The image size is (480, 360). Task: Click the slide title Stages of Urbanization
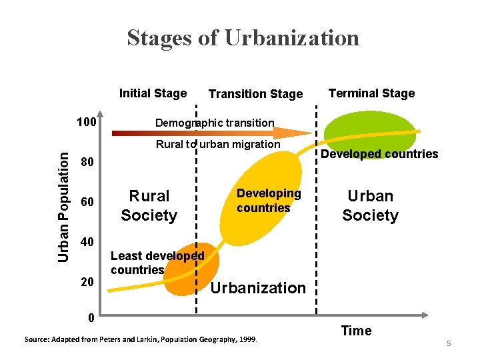(x=243, y=38)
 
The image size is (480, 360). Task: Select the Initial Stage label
(x=153, y=93)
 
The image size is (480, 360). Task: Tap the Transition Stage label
(x=255, y=94)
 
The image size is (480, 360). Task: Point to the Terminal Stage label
(x=371, y=93)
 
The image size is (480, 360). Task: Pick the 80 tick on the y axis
(x=86, y=163)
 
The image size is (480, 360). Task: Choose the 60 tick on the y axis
(x=86, y=203)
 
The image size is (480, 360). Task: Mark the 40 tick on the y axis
(x=86, y=241)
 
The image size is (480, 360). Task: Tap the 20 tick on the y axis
(x=86, y=282)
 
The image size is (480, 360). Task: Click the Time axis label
(x=356, y=331)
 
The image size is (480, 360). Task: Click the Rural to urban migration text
(x=218, y=144)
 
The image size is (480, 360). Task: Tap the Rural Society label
(x=149, y=205)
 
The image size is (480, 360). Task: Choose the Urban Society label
(x=370, y=205)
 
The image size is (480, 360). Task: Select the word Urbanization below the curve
(x=257, y=288)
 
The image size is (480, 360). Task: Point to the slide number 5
(x=449, y=343)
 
